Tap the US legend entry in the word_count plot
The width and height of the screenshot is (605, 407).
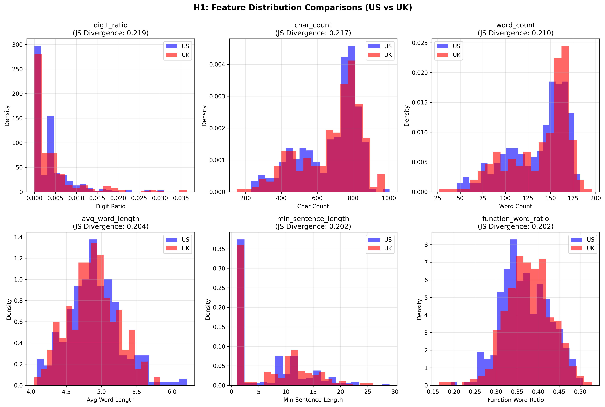click(x=449, y=46)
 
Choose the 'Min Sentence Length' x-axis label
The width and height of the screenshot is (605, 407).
click(x=313, y=400)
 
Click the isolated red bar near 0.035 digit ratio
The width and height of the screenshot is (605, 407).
click(x=183, y=191)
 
